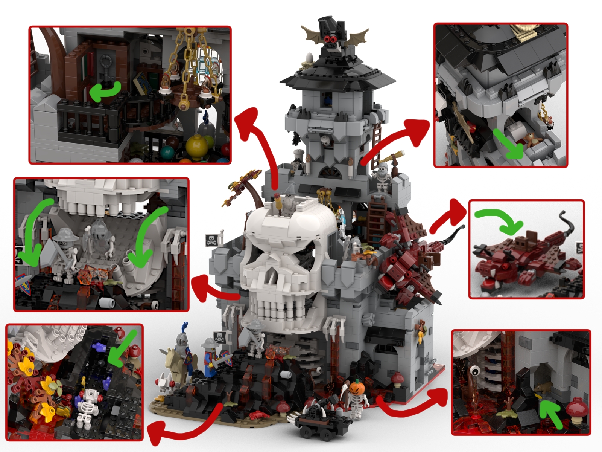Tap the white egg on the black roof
click(x=310, y=57)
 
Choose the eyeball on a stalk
click(x=475, y=371)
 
